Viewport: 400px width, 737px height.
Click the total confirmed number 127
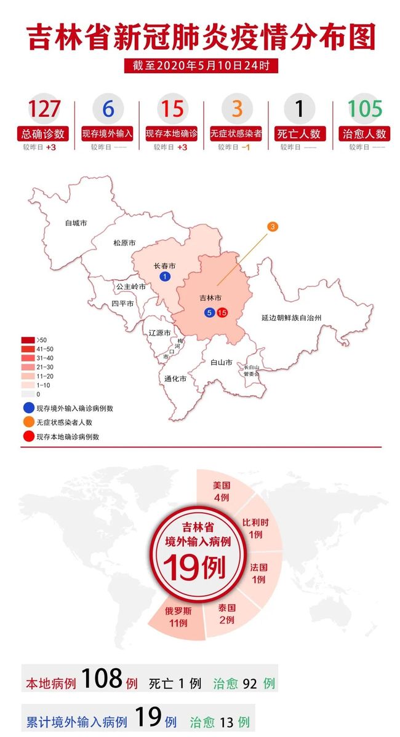click(44, 109)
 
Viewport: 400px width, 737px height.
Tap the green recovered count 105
click(366, 109)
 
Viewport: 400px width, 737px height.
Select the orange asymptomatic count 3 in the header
click(237, 109)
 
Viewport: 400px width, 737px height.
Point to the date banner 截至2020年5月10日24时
click(201, 65)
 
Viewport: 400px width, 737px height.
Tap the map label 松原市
click(124, 243)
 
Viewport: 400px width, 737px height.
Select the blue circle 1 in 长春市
click(164, 278)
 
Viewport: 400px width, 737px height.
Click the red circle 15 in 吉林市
click(222, 313)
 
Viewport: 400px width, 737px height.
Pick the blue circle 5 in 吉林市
click(210, 313)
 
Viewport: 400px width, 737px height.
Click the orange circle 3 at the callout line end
click(273, 227)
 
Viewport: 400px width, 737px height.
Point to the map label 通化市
click(175, 379)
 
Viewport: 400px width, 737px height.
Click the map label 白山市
click(221, 363)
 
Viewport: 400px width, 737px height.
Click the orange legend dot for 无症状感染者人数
click(28, 422)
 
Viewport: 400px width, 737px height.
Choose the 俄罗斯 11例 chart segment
click(176, 617)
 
